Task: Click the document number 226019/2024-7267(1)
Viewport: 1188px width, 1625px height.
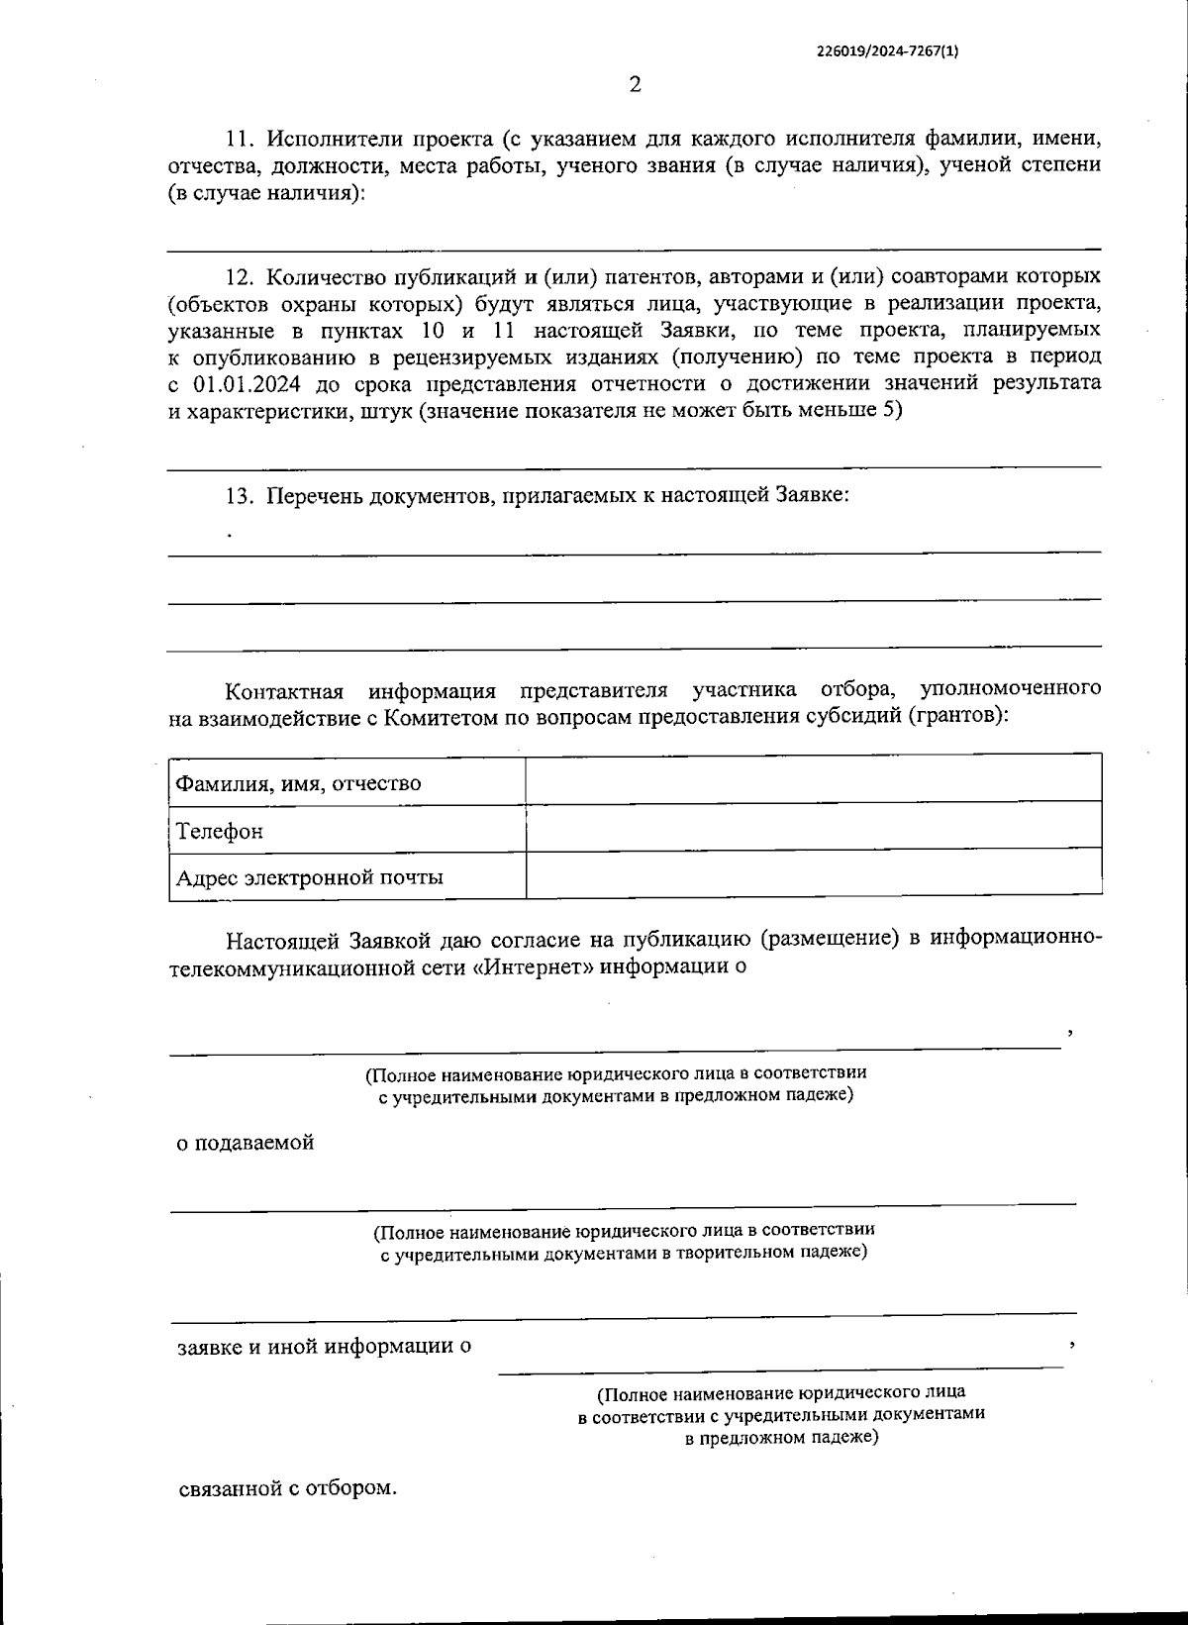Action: pos(888,54)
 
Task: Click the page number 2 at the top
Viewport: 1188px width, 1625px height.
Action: pos(635,85)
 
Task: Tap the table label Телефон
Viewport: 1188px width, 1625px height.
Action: pos(220,831)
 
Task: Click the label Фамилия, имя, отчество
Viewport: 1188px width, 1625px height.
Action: pos(298,783)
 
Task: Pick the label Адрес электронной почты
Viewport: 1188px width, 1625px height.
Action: pos(309,877)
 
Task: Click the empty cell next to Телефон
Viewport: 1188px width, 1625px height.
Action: pos(814,826)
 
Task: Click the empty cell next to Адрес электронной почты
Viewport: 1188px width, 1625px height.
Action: pos(814,873)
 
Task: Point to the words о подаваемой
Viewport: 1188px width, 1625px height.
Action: pos(246,1143)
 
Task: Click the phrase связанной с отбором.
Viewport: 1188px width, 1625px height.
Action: pos(287,1488)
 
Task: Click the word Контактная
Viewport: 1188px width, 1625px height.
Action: pos(284,690)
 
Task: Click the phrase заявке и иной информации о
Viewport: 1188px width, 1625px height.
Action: pos(324,1347)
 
